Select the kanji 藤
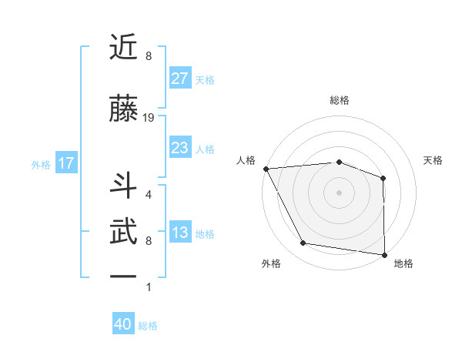(x=124, y=108)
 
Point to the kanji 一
(x=124, y=276)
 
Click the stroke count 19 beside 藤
(x=149, y=117)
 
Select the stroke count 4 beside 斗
(x=149, y=195)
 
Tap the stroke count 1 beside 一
(x=149, y=287)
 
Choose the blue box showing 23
(x=179, y=148)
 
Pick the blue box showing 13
(x=179, y=233)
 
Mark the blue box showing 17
(x=65, y=163)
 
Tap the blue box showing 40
(x=123, y=324)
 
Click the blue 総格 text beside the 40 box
(x=149, y=326)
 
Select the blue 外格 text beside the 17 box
(x=41, y=164)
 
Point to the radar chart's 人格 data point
(x=266, y=169)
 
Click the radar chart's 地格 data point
(x=384, y=254)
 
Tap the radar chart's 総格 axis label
(x=339, y=100)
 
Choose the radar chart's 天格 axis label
(x=434, y=160)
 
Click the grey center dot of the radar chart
(x=339, y=192)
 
